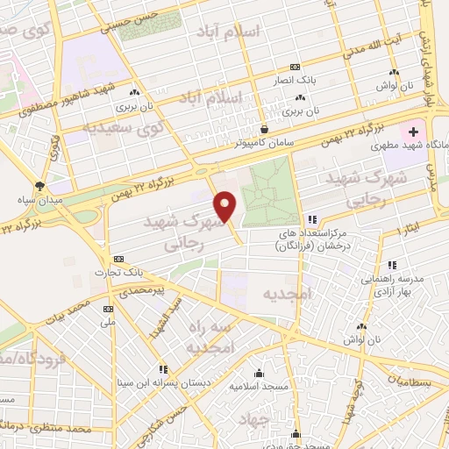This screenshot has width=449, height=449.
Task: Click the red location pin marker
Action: pyautogui.click(x=225, y=206)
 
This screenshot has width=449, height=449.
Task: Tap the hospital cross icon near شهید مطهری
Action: pyautogui.click(x=413, y=132)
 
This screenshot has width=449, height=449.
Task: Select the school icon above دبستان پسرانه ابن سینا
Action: pyautogui.click(x=163, y=369)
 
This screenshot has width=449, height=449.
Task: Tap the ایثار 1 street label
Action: pyautogui.click(x=409, y=231)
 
